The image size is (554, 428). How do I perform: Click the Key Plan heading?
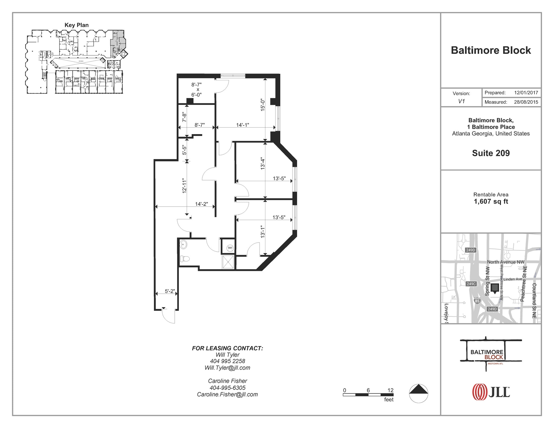[77, 25]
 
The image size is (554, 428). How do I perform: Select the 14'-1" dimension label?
[242, 125]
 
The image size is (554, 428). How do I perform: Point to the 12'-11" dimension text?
[184, 185]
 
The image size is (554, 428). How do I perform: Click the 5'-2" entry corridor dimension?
[170, 291]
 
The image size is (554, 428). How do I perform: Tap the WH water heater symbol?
[230, 248]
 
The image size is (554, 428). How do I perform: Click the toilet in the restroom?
[184, 259]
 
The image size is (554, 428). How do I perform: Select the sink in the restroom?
[183, 245]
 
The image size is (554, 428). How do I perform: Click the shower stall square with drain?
[228, 262]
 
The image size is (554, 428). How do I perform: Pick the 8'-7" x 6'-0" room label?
[197, 89]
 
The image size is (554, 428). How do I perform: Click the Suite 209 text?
[491, 153]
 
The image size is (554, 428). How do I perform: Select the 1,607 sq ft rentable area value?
[491, 201]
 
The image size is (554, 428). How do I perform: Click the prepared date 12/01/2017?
[526, 92]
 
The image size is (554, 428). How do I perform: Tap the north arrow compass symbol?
[418, 393]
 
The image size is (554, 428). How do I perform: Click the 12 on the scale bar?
[390, 390]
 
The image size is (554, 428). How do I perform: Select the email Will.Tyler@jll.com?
[227, 368]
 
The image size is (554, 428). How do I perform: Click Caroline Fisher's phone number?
[227, 388]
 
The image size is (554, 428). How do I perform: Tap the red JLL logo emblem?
[479, 392]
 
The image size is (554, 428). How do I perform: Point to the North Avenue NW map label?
[505, 262]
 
